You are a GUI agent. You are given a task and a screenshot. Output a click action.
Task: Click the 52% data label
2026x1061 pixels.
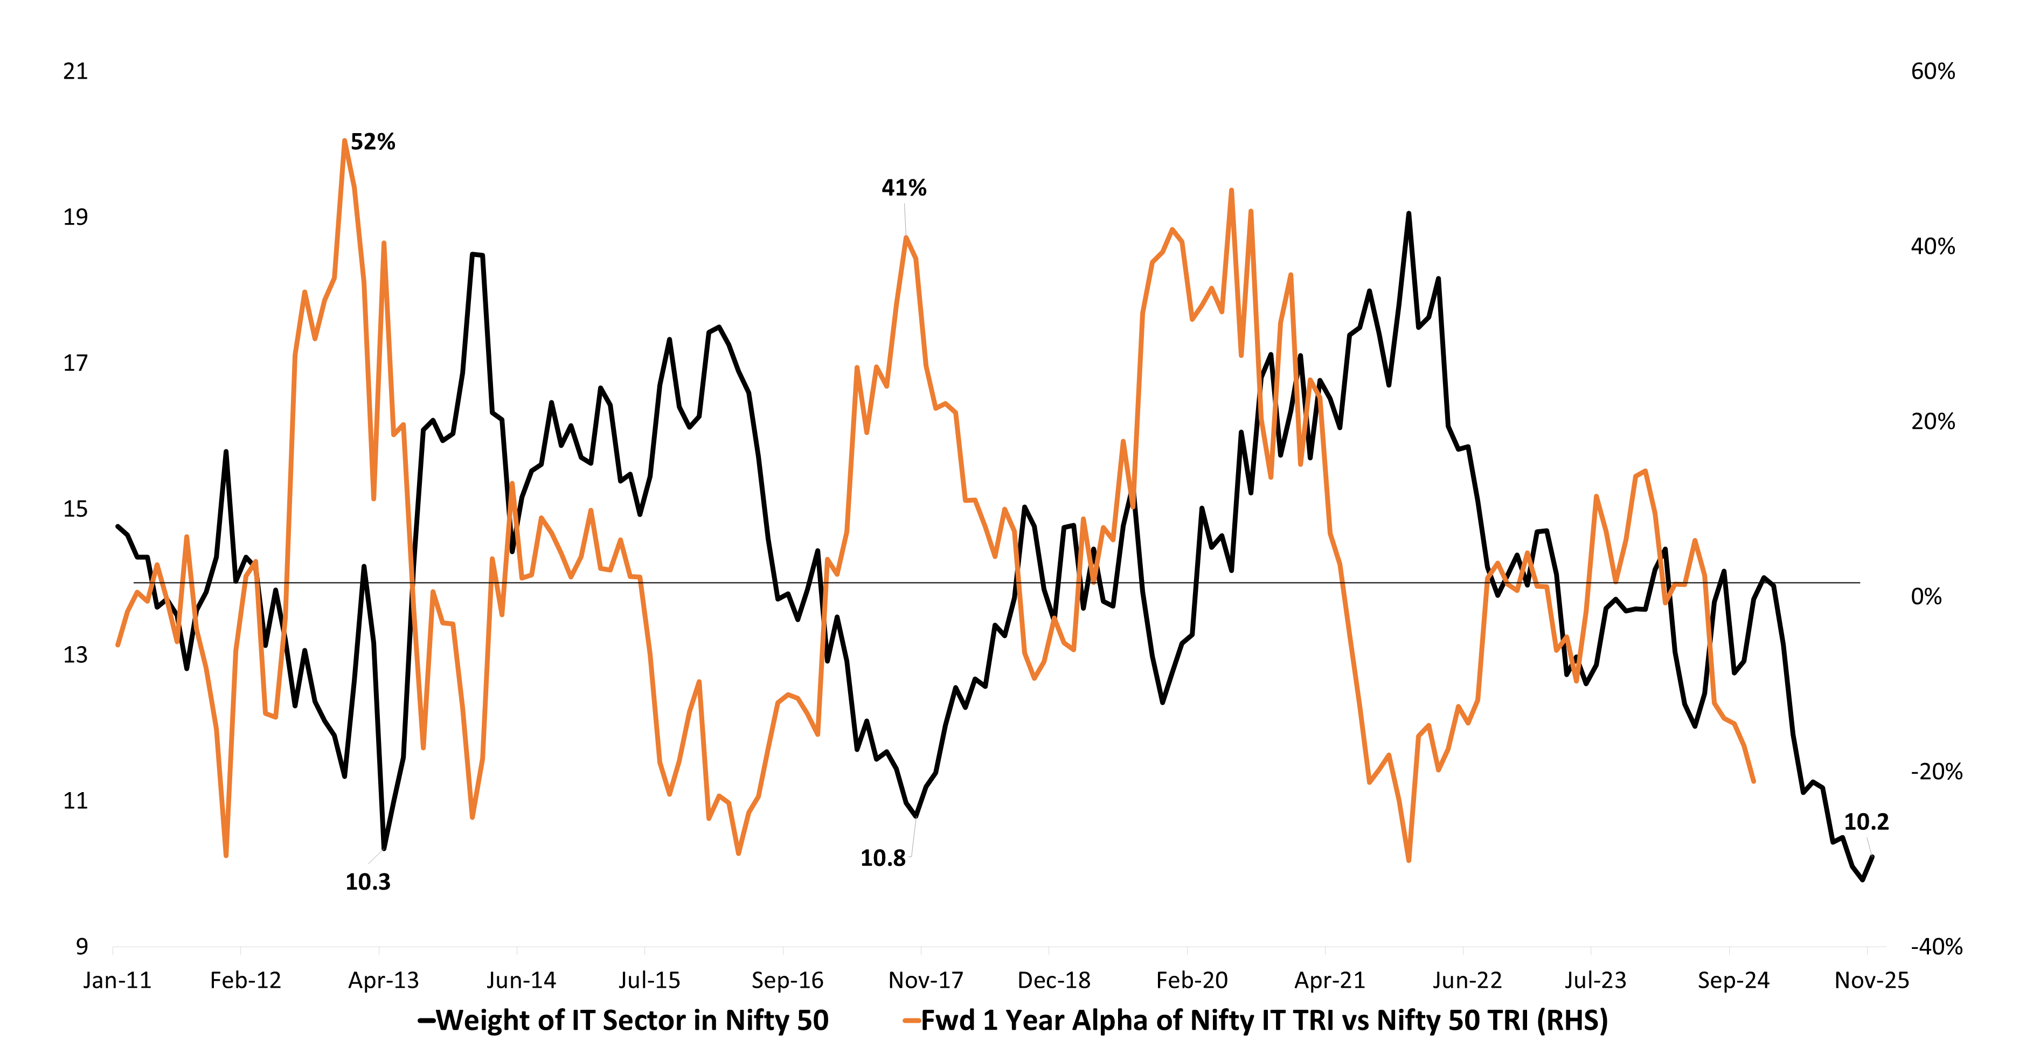tap(373, 142)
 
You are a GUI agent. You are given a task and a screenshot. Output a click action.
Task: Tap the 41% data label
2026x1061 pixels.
tap(904, 188)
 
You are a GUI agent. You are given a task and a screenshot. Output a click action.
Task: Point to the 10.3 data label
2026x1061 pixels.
tap(367, 882)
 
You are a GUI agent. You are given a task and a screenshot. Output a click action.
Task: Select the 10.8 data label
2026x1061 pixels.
tap(883, 858)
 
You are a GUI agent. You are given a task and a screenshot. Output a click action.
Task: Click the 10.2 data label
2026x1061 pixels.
tap(1865, 822)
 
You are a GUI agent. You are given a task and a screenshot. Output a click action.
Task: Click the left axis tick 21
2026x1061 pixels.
tap(75, 72)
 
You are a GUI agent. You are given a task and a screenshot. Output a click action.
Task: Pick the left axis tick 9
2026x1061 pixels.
tap(82, 946)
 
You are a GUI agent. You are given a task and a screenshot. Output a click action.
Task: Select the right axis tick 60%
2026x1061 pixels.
tap(1932, 72)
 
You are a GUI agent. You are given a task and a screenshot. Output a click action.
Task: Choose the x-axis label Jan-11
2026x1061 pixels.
tap(117, 981)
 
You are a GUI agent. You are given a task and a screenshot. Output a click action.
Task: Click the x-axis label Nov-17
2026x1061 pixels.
tap(925, 981)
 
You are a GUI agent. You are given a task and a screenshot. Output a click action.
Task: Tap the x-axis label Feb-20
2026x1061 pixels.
tap(1191, 981)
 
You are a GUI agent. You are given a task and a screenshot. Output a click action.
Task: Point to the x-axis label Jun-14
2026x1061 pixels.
tap(521, 981)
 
